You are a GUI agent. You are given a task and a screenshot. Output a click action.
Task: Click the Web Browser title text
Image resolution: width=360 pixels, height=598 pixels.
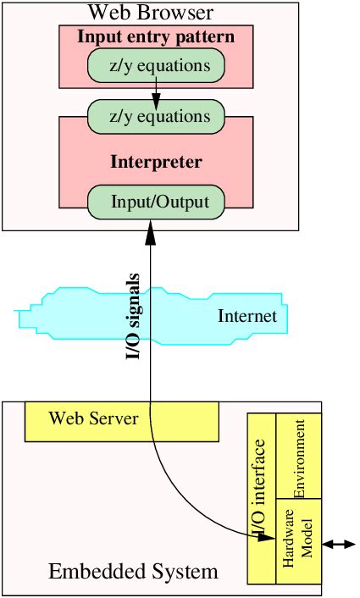click(x=150, y=13)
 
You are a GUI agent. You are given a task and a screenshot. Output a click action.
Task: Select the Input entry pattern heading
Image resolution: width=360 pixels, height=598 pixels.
click(x=156, y=37)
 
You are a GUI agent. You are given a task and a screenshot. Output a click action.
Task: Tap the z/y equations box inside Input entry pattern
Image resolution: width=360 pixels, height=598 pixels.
click(x=156, y=64)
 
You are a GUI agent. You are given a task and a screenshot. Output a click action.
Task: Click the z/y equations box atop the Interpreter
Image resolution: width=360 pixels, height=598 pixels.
click(x=156, y=116)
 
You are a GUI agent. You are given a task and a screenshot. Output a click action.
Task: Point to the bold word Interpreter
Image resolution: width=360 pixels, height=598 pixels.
click(x=156, y=161)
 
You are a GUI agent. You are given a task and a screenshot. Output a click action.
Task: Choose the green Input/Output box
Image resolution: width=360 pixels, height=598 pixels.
click(x=156, y=202)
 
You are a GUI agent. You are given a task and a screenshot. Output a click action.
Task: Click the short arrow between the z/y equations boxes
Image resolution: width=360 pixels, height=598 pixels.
click(x=156, y=91)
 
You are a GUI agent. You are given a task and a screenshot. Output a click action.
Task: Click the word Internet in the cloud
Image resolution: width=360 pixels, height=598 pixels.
click(x=247, y=317)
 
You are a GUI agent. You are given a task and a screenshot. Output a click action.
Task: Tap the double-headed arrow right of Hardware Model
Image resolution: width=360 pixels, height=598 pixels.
click(x=339, y=544)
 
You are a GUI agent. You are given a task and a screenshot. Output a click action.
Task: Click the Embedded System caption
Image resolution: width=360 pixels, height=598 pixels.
click(x=133, y=571)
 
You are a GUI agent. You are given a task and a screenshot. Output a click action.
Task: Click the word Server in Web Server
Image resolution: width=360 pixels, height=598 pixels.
click(x=114, y=418)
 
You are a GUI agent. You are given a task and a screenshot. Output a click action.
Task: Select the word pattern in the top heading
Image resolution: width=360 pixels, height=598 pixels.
click(x=208, y=37)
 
